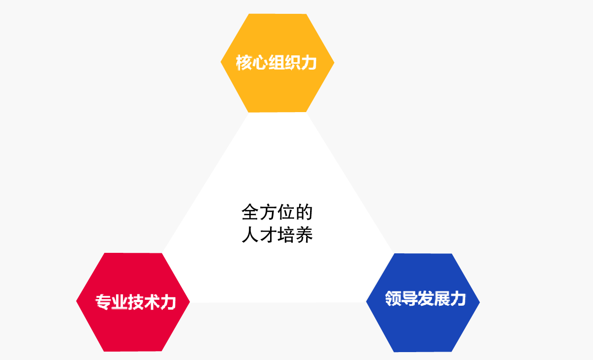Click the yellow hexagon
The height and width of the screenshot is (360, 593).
[277, 63]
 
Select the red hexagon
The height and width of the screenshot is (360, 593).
[133, 302]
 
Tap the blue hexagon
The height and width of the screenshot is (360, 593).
[423, 303]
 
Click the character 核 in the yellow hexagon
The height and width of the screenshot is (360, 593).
[243, 63]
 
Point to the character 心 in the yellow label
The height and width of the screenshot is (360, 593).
[260, 63]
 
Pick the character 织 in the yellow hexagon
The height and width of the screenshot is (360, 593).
[292, 63]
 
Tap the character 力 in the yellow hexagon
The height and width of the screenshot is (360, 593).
[309, 63]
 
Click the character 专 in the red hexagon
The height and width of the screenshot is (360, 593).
[103, 302]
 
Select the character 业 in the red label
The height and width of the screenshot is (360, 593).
[119, 302]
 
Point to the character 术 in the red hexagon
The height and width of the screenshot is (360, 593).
[152, 302]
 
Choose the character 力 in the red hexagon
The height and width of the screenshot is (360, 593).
[168, 302]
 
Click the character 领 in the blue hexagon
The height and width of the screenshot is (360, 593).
[393, 298]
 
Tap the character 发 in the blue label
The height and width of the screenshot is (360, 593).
[426, 298]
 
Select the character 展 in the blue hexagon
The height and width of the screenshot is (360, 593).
[441, 298]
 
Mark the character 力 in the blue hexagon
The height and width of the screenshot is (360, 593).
[458, 298]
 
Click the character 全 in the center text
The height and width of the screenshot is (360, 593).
[250, 212]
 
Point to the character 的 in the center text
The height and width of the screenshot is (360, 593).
[304, 212]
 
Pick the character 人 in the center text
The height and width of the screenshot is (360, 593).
[250, 235]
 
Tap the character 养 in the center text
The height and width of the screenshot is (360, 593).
[304, 235]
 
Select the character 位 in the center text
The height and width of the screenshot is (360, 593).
[286, 212]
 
